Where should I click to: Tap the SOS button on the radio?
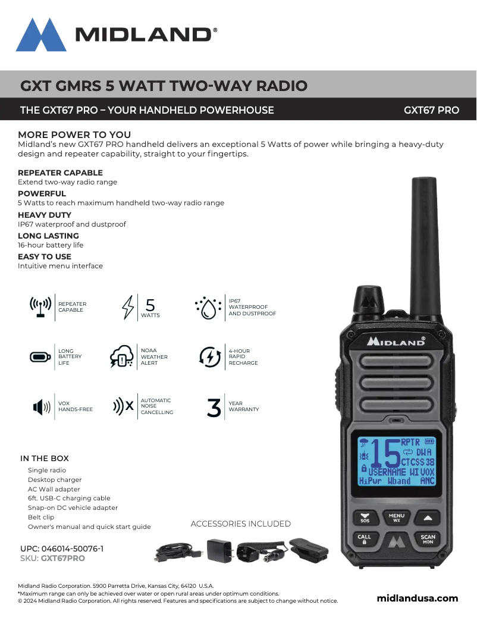coord(365,518)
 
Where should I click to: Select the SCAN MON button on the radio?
coord(428,539)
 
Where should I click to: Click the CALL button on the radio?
coord(364,539)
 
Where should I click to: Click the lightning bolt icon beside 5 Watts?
coord(127,307)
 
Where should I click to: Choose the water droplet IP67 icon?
coord(208,308)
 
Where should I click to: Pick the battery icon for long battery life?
coord(40,357)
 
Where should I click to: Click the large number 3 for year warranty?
coord(214,408)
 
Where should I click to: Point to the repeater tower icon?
coord(40,307)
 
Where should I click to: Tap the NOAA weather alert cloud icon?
coord(122,358)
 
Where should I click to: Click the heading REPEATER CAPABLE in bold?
coord(60,173)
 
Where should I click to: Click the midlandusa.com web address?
coord(418,598)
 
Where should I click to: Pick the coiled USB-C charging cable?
coord(177,550)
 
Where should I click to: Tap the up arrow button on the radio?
coord(428,517)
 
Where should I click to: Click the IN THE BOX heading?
coord(45,458)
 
